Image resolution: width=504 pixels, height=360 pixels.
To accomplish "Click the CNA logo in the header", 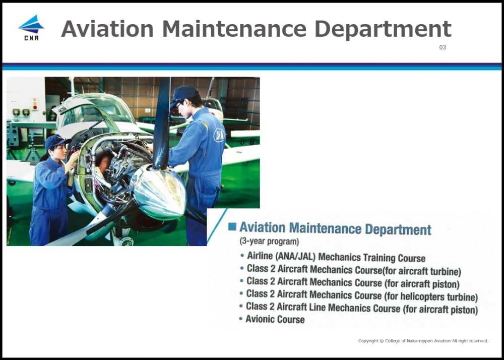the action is (x=31, y=28).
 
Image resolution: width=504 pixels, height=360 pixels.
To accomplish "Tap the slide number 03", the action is (x=443, y=47).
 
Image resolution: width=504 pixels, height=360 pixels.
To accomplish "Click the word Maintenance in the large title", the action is (x=234, y=29).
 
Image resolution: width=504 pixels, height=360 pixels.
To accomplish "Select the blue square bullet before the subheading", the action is (x=232, y=226).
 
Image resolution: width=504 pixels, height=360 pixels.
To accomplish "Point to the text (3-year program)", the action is (x=269, y=241).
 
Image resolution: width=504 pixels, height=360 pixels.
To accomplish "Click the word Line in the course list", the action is (x=317, y=307).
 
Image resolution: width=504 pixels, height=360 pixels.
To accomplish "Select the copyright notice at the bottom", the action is (x=423, y=341).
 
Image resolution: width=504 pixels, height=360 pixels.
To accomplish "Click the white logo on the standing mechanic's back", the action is (x=219, y=135).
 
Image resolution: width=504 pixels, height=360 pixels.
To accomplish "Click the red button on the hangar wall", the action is (x=35, y=106).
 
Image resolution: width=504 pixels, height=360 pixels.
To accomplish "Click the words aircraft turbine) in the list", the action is (x=430, y=271).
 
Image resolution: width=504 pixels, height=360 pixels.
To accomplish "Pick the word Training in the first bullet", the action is (x=379, y=258).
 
